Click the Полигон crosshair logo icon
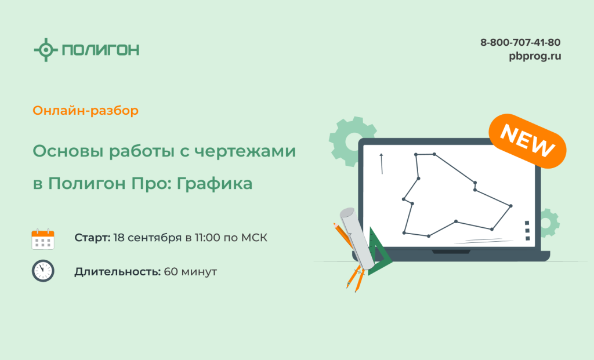[x=46, y=50]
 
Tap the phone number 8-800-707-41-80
[x=520, y=42]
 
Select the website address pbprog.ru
[x=535, y=56]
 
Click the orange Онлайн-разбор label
[x=86, y=111]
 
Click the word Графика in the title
[x=215, y=184]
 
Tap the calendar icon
[x=43, y=239]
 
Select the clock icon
[x=43, y=271]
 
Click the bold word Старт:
[x=92, y=238]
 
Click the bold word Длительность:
[x=117, y=272]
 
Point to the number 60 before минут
[x=171, y=272]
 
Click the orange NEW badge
[x=527, y=141]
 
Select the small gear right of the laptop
[x=550, y=223]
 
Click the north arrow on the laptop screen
[x=382, y=163]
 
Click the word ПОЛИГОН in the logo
[x=101, y=50]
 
